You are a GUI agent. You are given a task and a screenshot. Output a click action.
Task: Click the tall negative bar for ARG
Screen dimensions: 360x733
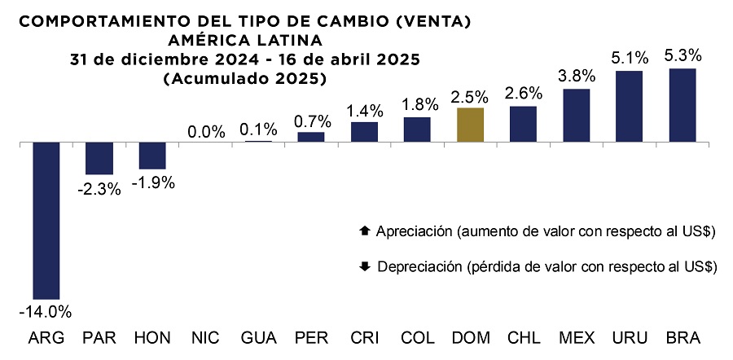tap(46, 220)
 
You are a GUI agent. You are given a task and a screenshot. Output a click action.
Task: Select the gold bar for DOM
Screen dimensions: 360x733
tap(471, 125)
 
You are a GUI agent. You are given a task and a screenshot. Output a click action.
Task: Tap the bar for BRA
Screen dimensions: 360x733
tap(682, 105)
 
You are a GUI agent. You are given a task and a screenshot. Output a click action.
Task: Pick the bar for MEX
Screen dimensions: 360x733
tap(577, 115)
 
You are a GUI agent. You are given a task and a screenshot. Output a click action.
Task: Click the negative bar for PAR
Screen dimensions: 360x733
tap(99, 158)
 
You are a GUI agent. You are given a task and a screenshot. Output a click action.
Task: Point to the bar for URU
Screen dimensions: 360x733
tap(629, 106)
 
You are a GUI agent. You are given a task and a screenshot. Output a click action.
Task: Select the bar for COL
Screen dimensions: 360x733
tap(417, 130)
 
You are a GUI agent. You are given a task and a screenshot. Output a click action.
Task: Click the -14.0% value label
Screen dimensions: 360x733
tap(46, 312)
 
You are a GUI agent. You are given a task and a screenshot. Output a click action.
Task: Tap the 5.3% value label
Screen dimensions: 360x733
tap(683, 55)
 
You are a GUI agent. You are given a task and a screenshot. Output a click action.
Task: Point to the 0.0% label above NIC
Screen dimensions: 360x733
tap(205, 130)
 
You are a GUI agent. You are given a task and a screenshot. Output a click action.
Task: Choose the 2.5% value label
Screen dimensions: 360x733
tap(471, 96)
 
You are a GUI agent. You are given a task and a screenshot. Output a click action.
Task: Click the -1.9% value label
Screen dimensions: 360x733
tap(152, 182)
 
